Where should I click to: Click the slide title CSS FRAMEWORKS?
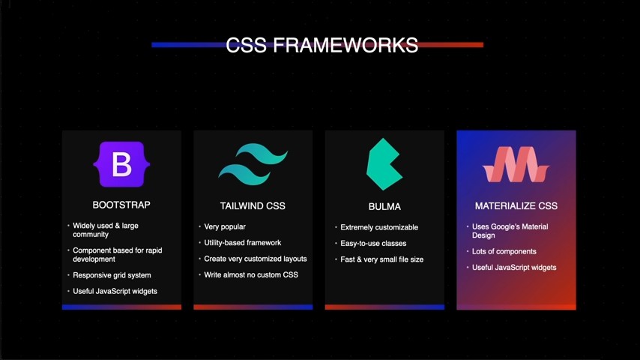pyautogui.click(x=321, y=45)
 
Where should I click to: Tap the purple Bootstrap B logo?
pyautogui.click(x=121, y=163)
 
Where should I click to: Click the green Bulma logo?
pyautogui.click(x=384, y=164)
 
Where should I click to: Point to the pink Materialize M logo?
pyautogui.click(x=516, y=164)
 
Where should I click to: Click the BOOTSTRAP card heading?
pyautogui.click(x=121, y=205)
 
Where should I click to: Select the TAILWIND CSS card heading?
pyautogui.click(x=253, y=205)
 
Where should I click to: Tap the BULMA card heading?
pyautogui.click(x=384, y=206)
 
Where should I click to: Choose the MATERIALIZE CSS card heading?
pyautogui.click(x=516, y=205)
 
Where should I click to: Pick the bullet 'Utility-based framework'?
pyautogui.click(x=242, y=242)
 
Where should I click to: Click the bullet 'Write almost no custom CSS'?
pyautogui.click(x=250, y=274)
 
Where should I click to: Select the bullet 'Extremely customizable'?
pyautogui.click(x=378, y=227)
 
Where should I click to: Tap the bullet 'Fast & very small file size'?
pyautogui.click(x=381, y=259)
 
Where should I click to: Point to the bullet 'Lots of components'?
pyautogui.click(x=504, y=251)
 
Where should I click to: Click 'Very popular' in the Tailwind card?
pyautogui.click(x=224, y=226)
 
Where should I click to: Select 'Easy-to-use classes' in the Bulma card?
pyautogui.click(x=372, y=243)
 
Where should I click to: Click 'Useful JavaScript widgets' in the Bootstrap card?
pyautogui.click(x=115, y=291)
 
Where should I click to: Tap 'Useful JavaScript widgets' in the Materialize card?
pyautogui.click(x=514, y=267)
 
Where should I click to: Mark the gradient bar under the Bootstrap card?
pyautogui.click(x=121, y=307)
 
